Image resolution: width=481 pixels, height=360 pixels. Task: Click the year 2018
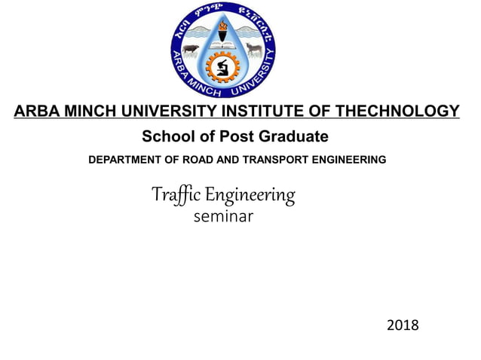pos(402,325)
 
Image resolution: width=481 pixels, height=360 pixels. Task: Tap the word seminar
pos(223,217)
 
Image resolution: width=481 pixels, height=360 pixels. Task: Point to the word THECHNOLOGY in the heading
pos(397,112)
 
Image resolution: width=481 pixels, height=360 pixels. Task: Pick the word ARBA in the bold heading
pos(34,112)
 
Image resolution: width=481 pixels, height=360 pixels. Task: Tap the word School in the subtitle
pos(164,137)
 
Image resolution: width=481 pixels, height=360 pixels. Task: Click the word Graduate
pos(293,137)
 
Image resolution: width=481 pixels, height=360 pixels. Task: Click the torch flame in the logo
pos(222,29)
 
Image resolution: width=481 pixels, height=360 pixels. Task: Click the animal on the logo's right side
pos(254,50)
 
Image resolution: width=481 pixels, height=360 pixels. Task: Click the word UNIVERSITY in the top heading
pos(157,112)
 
